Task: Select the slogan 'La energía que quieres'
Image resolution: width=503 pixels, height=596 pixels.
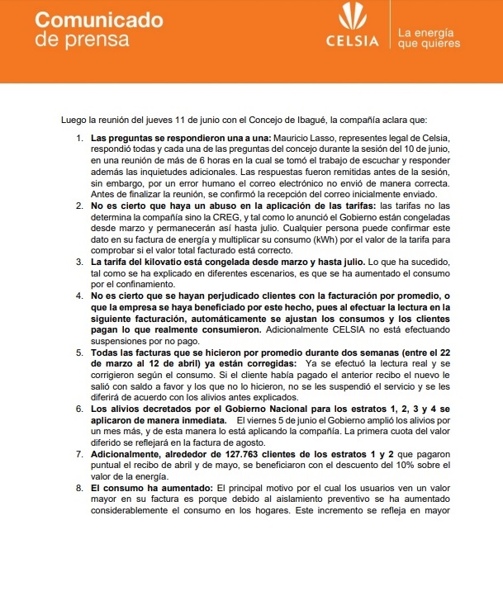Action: click(428, 38)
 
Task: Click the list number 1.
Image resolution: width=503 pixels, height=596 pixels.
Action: click(78, 136)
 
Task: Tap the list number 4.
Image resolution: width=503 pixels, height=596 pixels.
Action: click(78, 296)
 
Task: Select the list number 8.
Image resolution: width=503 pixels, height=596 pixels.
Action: click(78, 489)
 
